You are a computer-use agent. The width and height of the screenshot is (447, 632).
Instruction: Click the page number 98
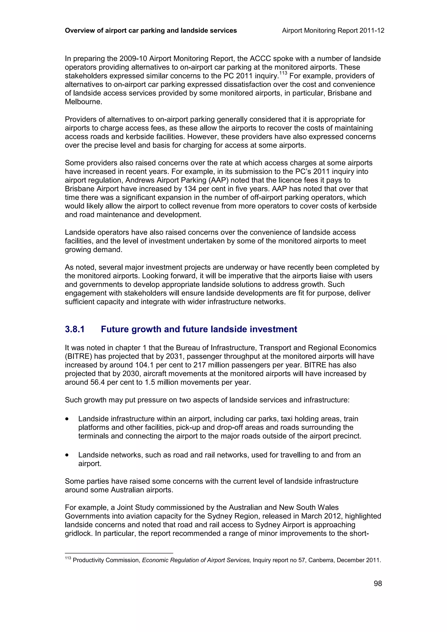coord(378,583)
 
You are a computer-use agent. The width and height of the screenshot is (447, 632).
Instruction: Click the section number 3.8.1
coord(75,329)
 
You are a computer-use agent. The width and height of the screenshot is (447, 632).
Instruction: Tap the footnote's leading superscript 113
coord(68,558)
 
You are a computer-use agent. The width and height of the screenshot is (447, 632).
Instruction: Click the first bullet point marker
coord(67,419)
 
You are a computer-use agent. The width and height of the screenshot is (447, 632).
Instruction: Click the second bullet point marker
coord(67,455)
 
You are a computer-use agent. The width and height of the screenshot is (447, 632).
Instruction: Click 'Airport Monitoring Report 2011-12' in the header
coord(333,31)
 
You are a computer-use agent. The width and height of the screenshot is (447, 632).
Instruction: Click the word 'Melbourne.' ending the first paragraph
coord(83,102)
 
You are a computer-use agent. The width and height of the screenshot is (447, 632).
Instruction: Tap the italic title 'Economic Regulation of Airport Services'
coord(196,560)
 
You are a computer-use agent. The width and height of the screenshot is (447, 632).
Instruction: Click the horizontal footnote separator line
coord(119,553)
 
